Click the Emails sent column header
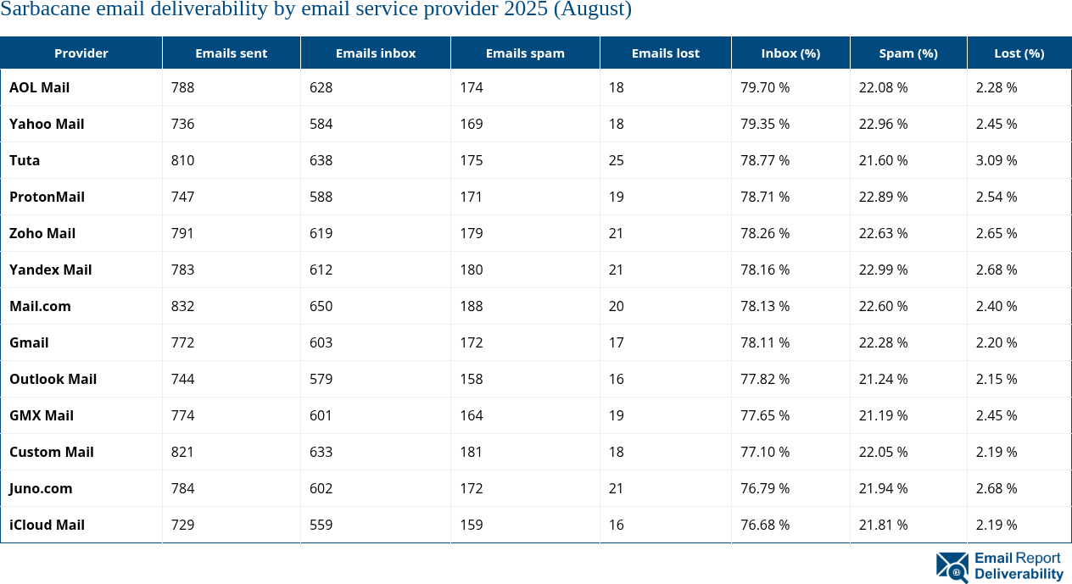pos(231,53)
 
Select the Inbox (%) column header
pos(790,53)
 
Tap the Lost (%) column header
pos(1019,53)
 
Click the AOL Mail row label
pos(39,87)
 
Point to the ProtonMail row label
pos(47,197)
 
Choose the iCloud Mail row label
pos(47,525)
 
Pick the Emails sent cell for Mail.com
pos(182,306)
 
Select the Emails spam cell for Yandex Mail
pos(471,270)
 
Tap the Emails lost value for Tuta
pos(616,160)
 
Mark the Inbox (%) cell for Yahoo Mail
pos(765,124)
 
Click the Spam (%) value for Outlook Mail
pos(883,379)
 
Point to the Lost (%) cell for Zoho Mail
pos(996,233)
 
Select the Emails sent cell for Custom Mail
pos(182,452)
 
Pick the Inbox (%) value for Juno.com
pos(765,488)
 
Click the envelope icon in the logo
pos(952,567)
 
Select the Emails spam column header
pos(525,53)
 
